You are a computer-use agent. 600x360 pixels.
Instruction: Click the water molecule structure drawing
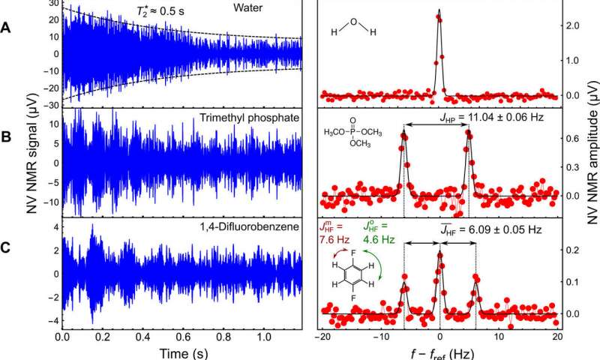click(x=352, y=29)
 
